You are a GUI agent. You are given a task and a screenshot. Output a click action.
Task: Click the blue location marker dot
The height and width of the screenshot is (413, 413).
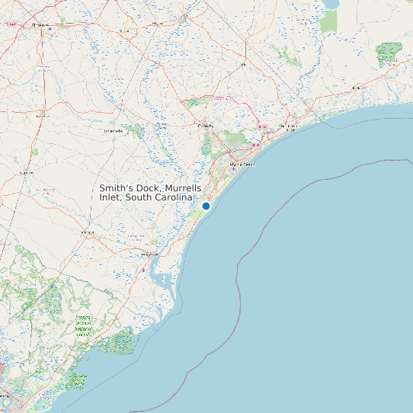click(x=206, y=206)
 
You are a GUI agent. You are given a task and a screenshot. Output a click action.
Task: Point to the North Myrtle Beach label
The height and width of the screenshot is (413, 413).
click(x=290, y=127)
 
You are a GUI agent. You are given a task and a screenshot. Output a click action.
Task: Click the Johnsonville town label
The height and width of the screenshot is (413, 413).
click(x=113, y=131)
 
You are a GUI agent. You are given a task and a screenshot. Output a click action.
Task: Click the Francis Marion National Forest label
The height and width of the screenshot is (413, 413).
click(x=82, y=327)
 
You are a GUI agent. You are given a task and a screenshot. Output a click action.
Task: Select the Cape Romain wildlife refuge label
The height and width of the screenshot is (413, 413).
click(x=78, y=378)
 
